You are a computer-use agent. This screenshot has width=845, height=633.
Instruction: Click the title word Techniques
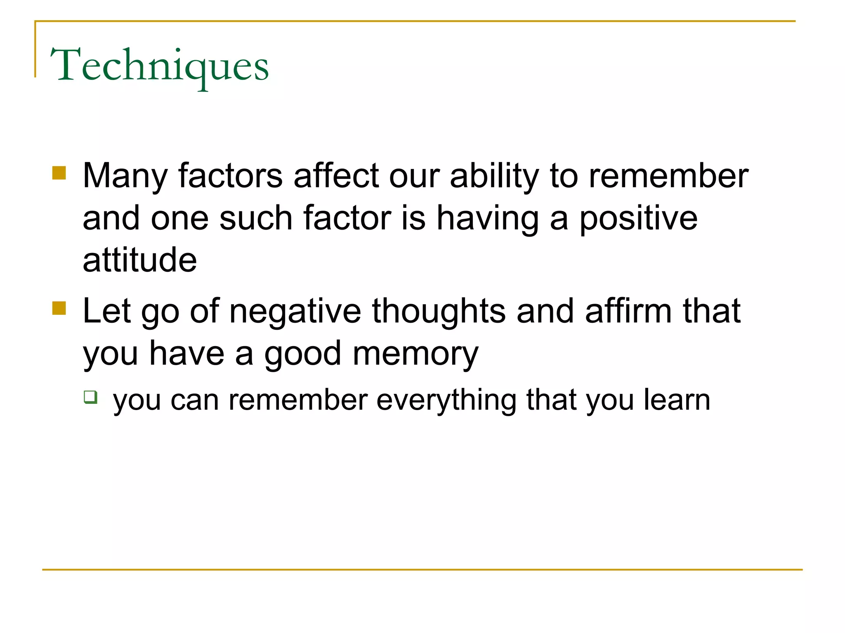click(x=159, y=66)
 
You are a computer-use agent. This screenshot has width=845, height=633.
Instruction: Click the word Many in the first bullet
click(x=125, y=176)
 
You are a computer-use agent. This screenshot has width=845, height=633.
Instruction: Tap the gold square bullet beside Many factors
click(x=59, y=173)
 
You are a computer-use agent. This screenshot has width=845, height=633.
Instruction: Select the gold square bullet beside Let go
click(x=59, y=308)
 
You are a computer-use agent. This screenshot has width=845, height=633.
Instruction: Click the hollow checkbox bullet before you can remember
click(x=90, y=397)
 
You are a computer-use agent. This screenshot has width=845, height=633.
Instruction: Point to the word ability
click(x=494, y=176)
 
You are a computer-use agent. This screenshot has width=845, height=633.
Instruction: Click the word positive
click(x=638, y=218)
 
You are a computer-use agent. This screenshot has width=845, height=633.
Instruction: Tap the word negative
click(x=295, y=311)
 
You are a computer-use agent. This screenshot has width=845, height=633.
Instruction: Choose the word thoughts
click(x=439, y=311)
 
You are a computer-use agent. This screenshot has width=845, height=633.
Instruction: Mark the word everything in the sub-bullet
click(x=446, y=401)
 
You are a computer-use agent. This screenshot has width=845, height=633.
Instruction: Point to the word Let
click(x=107, y=311)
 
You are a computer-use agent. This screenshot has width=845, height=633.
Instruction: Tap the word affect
click(x=336, y=176)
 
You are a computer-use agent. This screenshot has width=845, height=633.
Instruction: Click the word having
click(x=488, y=218)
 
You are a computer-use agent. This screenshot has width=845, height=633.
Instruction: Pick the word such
click(x=255, y=218)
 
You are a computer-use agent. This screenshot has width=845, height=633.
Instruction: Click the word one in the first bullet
click(x=179, y=218)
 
